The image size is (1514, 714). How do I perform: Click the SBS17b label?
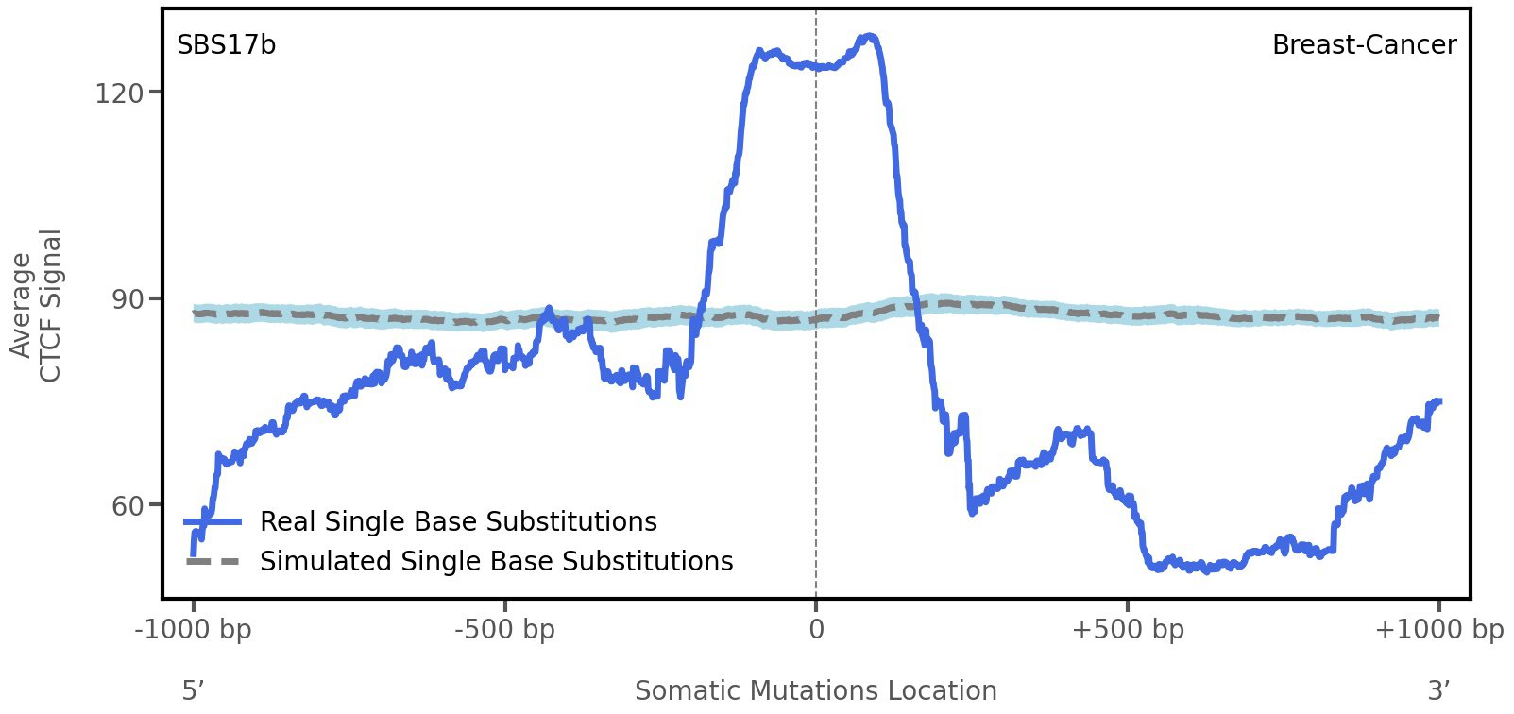click(x=226, y=45)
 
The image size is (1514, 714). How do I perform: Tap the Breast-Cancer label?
click(x=1364, y=45)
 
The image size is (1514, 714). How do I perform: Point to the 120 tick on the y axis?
click(x=119, y=93)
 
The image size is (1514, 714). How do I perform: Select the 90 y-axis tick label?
click(x=119, y=299)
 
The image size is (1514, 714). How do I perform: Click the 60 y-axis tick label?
click(x=119, y=506)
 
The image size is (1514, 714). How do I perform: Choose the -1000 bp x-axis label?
click(x=194, y=629)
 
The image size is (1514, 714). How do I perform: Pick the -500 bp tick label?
click(x=504, y=629)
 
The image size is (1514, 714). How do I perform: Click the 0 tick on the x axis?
click(x=816, y=629)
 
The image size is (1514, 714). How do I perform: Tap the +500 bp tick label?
click(x=1128, y=629)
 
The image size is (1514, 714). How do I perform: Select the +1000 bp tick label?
click(x=1438, y=629)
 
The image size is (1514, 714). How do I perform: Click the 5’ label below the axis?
click(x=193, y=690)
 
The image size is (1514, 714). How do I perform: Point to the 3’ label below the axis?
click(x=1438, y=690)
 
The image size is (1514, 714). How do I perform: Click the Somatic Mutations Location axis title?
click(x=815, y=690)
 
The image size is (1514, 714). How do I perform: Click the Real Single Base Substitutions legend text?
click(x=458, y=521)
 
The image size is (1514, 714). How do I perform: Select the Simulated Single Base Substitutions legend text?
click(x=496, y=561)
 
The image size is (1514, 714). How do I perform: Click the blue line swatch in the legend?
click(x=213, y=521)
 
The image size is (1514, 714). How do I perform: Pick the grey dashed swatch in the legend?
click(x=213, y=561)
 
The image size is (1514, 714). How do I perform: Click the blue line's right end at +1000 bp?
click(x=1438, y=401)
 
